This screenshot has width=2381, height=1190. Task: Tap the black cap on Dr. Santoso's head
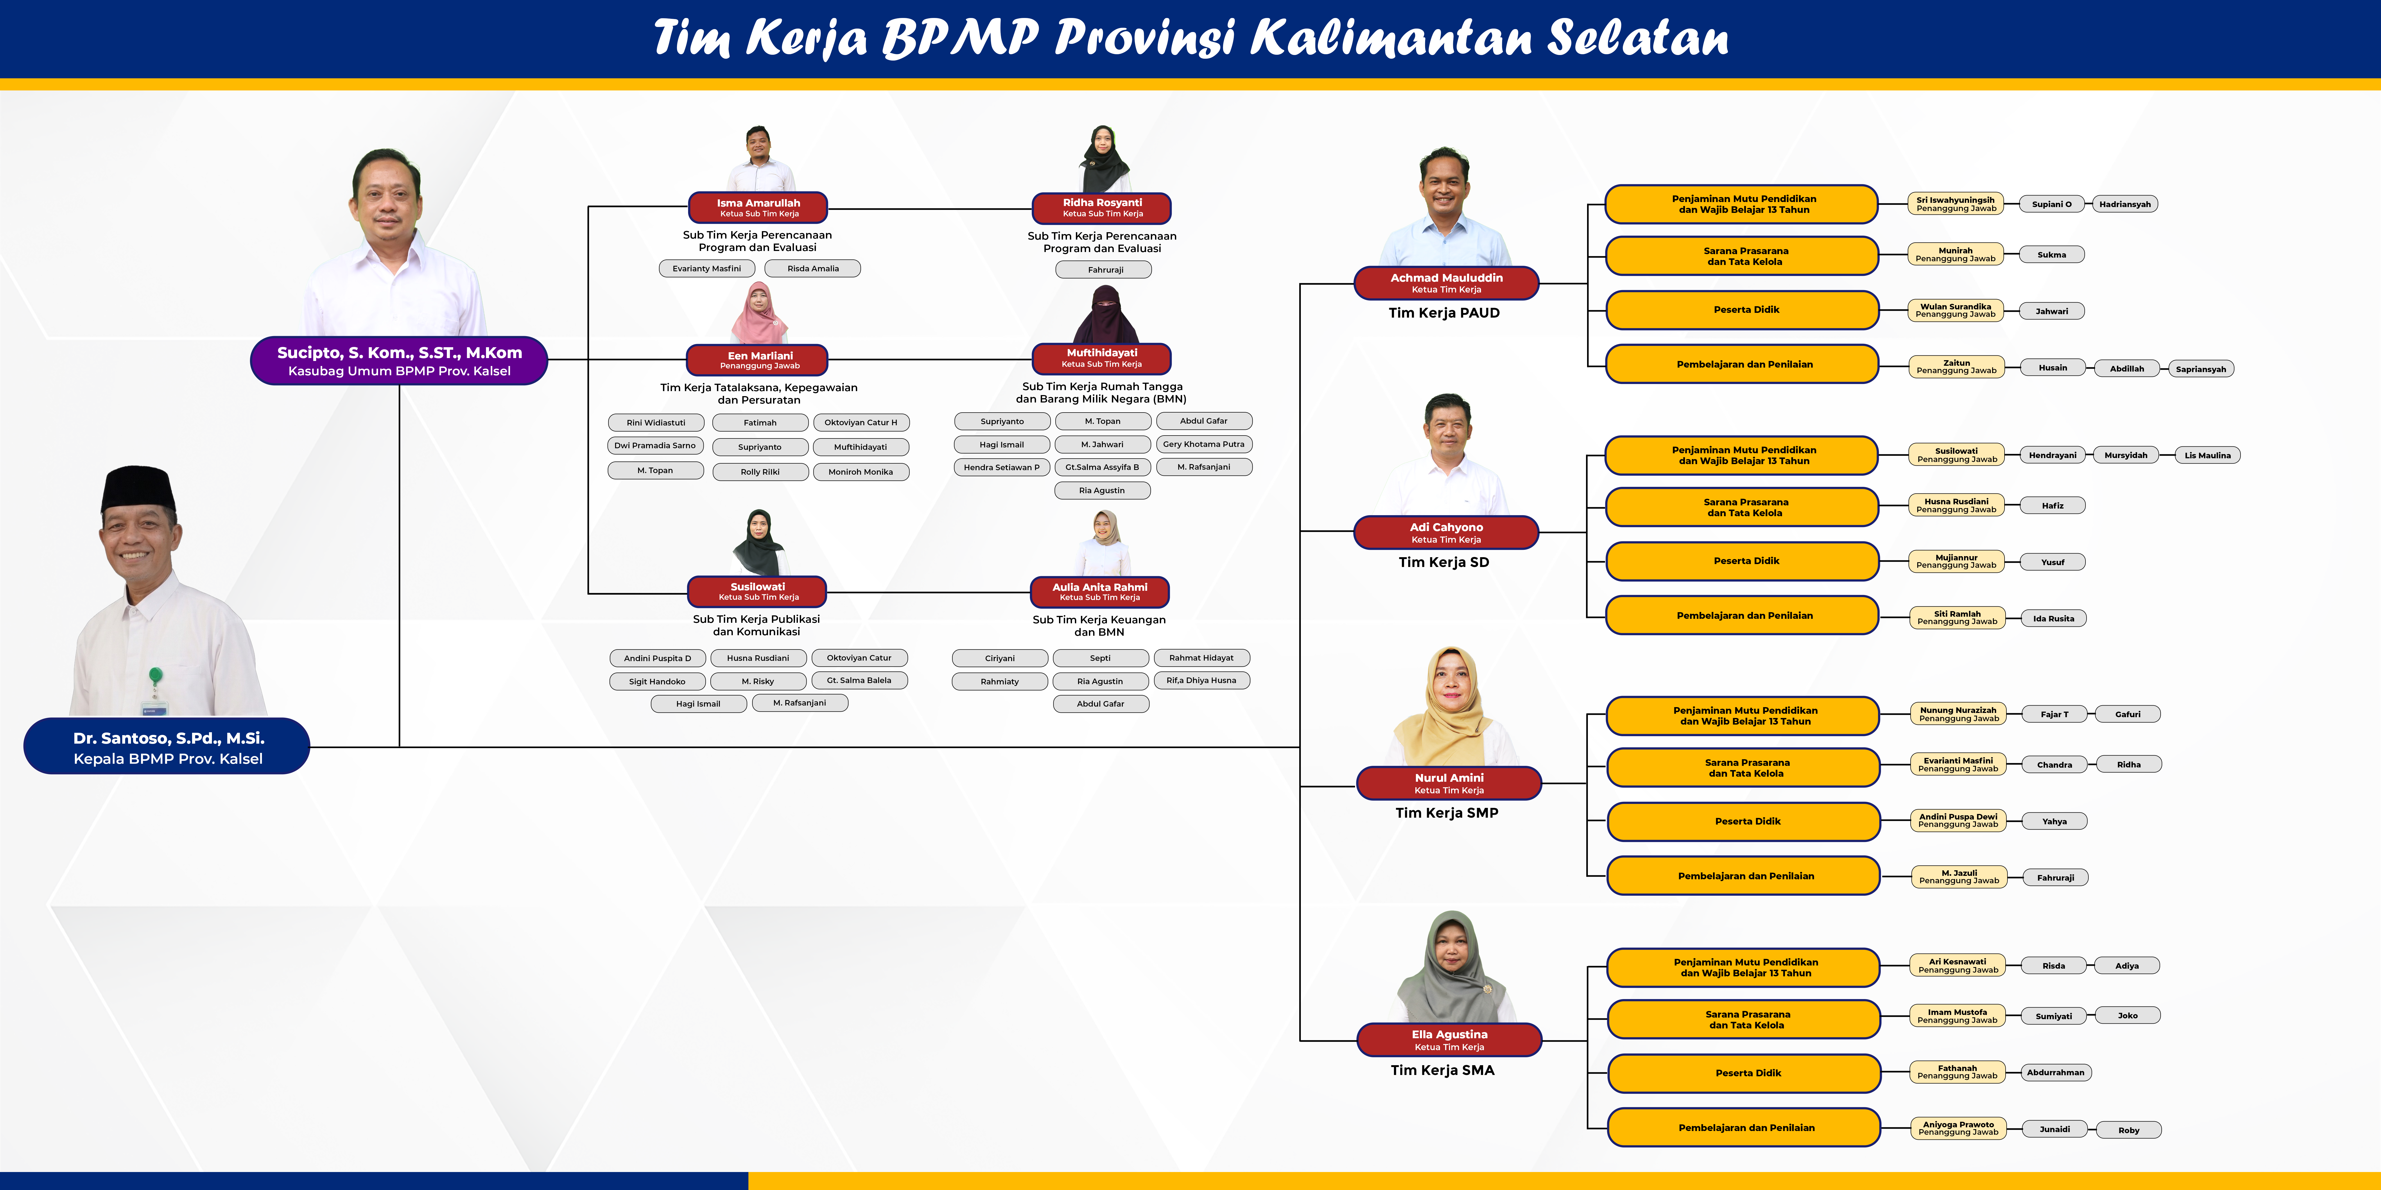[x=139, y=488]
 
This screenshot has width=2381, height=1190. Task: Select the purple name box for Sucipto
[x=399, y=360]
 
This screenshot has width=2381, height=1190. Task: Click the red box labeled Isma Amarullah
[x=758, y=207]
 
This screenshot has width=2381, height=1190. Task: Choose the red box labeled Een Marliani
[x=758, y=359]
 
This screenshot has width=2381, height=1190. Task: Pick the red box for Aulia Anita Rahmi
[x=1100, y=591]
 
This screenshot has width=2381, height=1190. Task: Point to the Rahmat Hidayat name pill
[x=1202, y=658]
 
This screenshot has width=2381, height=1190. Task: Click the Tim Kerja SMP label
[x=1447, y=813]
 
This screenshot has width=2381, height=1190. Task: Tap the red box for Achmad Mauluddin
[x=1447, y=283]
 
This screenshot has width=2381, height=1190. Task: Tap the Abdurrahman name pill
[x=2056, y=1073]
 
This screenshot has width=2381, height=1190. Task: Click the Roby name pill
[x=2129, y=1130]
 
